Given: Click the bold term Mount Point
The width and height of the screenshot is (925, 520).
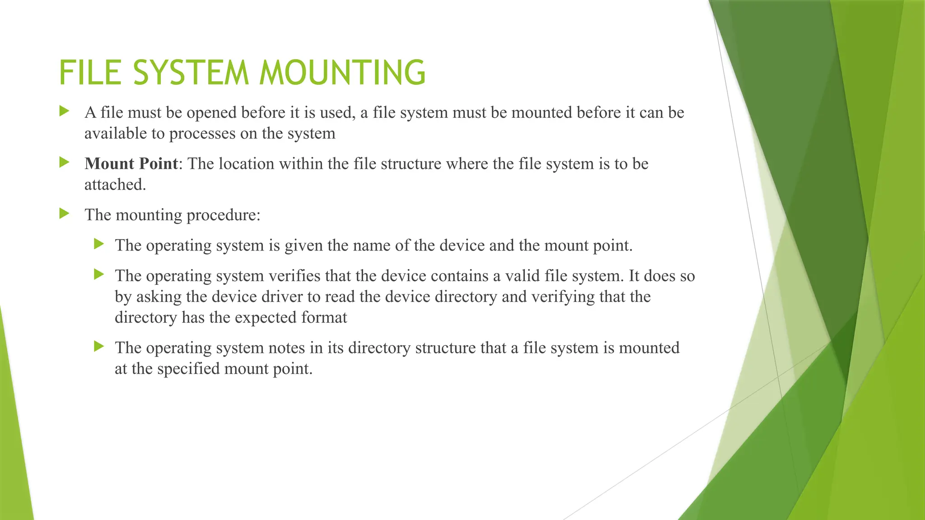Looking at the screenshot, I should coord(131,163).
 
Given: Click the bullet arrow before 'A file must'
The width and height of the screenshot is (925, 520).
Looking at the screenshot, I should coord(64,111).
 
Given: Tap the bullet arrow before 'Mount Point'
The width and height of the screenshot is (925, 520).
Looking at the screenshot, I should coord(64,162).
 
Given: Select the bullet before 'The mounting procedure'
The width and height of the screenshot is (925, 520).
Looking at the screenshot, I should coord(64,214).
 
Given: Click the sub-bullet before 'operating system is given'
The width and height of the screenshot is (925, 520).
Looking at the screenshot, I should coord(99,244).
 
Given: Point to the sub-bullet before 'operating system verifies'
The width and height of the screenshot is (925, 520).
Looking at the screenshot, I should coord(99,274).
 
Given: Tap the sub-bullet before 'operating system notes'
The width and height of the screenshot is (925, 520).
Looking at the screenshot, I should coord(99,347).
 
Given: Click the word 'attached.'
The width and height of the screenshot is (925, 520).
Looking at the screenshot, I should coord(115,185).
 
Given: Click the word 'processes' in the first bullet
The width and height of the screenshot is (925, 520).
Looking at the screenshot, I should coord(202,134).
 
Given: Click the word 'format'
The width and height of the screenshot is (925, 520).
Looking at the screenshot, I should coord(324,317).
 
